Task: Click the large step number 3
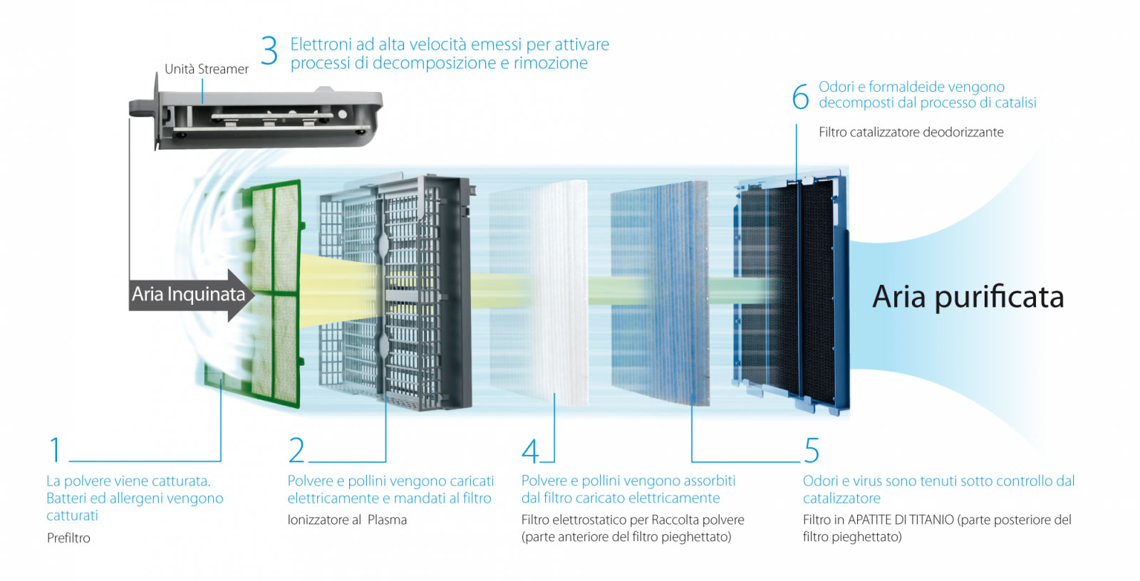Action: click(x=269, y=51)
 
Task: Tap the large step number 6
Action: click(x=800, y=97)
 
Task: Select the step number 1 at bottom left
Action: click(x=55, y=450)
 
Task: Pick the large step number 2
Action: click(x=296, y=450)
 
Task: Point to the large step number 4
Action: click(x=531, y=451)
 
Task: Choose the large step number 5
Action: click(x=812, y=451)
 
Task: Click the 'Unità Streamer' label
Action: click(x=207, y=69)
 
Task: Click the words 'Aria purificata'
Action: click(x=968, y=297)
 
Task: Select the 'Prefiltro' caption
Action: click(x=68, y=538)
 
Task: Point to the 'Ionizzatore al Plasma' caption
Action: click(x=347, y=520)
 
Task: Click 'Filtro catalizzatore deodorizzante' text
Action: click(x=911, y=132)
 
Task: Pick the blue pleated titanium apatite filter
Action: click(x=659, y=292)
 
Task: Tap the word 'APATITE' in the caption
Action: click(x=874, y=520)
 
